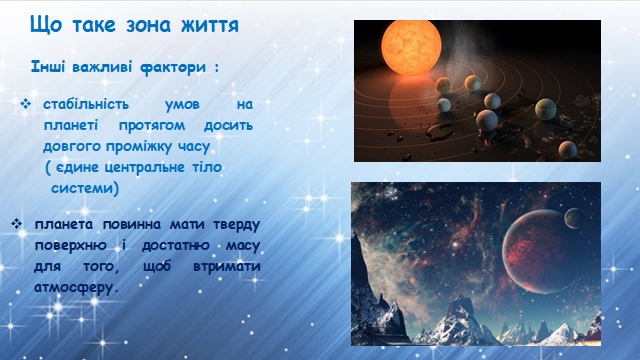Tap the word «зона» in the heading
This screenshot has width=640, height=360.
pyautogui.click(x=148, y=25)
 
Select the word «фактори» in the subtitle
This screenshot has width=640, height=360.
pyautogui.click(x=173, y=67)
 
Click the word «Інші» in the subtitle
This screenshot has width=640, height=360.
pyautogui.click(x=48, y=66)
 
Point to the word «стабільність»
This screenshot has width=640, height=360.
pyautogui.click(x=86, y=104)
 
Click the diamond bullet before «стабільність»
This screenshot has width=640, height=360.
pyautogui.click(x=25, y=104)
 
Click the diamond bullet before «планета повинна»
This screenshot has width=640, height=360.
pyautogui.click(x=16, y=224)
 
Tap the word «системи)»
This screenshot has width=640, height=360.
pyautogui.click(x=85, y=188)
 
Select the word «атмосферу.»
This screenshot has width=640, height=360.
pyautogui.click(x=76, y=287)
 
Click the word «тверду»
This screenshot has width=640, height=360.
pyautogui.click(x=237, y=225)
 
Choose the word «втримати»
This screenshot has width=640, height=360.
pyautogui.click(x=227, y=267)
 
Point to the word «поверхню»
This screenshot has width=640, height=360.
pyautogui.click(x=70, y=246)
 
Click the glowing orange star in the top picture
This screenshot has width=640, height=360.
pyautogui.click(x=411, y=47)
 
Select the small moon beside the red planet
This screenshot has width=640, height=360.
pyautogui.click(x=573, y=218)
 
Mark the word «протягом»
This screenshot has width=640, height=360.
pyautogui.click(x=152, y=126)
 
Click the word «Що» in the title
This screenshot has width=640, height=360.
pyautogui.click(x=46, y=25)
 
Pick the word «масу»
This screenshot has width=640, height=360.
pyautogui.click(x=242, y=246)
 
